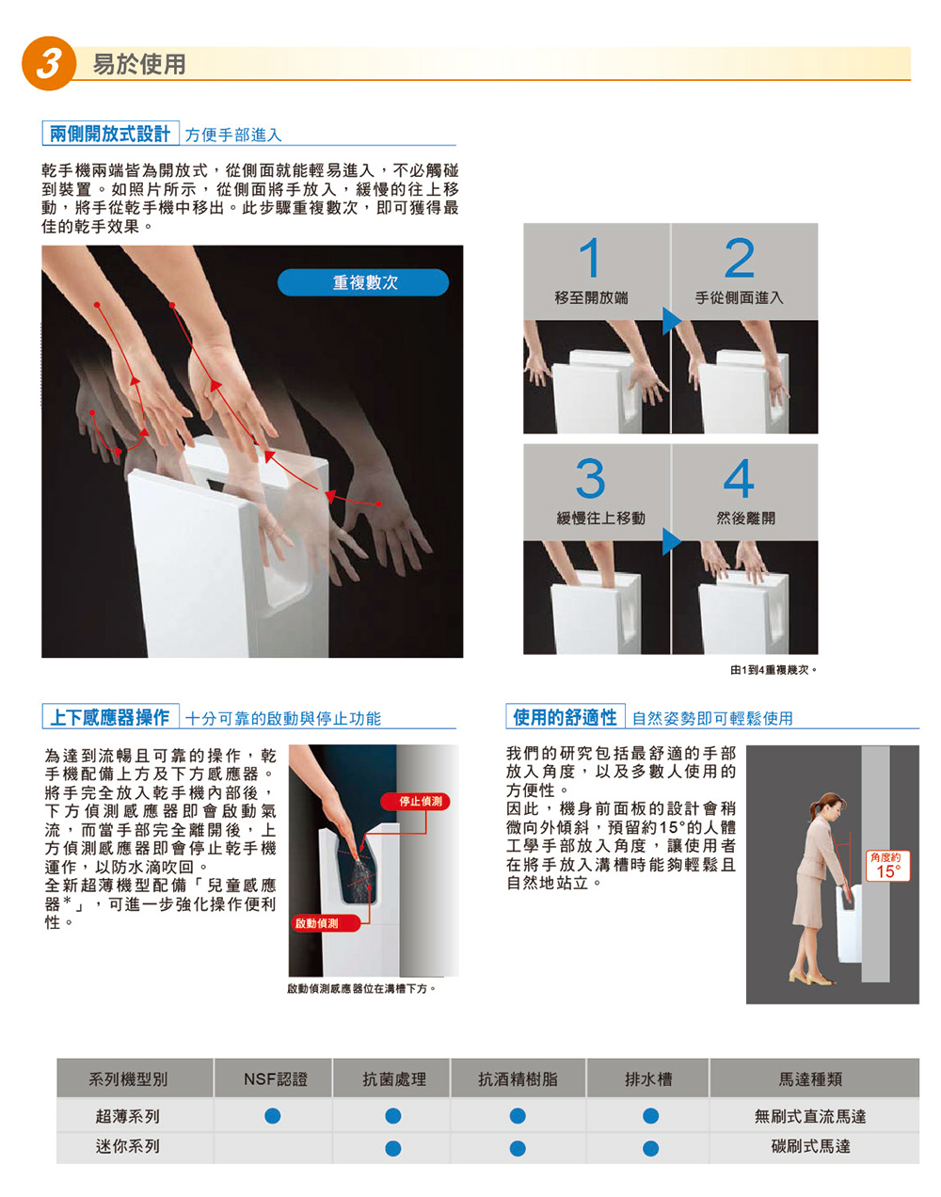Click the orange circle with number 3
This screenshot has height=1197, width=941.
[48, 63]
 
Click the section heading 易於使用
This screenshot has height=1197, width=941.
[139, 64]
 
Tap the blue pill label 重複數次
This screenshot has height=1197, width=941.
[363, 282]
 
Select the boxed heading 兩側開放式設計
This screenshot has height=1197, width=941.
[110, 134]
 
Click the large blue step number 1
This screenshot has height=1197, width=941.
[589, 258]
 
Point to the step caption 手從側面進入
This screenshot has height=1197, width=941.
[739, 298]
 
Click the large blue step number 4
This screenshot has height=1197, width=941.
[739, 478]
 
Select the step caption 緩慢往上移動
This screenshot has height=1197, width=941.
[600, 519]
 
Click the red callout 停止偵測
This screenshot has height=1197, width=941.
[415, 802]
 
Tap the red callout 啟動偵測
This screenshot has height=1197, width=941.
[317, 923]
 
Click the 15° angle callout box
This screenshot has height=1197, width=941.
[888, 866]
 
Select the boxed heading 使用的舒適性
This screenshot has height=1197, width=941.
[565, 717]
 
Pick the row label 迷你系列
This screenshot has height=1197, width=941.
[127, 1146]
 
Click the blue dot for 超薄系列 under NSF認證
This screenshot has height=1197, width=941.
[273, 1116]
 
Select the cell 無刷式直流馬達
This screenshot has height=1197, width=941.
[810, 1116]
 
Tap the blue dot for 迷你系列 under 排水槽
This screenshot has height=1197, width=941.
[650, 1148]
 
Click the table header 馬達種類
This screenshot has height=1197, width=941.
[810, 1079]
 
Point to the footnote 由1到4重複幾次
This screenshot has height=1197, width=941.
[774, 670]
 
